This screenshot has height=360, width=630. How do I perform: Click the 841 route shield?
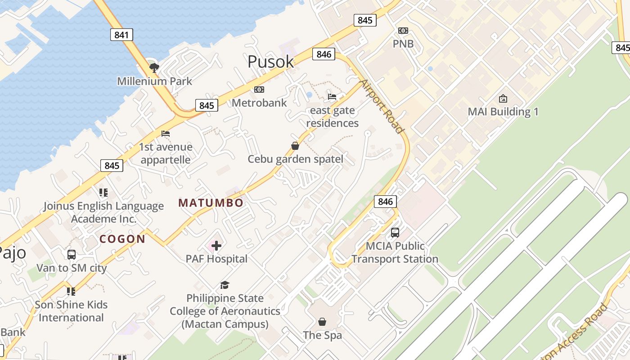(121, 35)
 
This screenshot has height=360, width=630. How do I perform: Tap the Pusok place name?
(270, 62)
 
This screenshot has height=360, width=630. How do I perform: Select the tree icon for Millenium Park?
(154, 68)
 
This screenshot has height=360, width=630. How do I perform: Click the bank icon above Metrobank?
(259, 90)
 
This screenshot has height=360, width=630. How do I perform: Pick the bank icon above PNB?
(403, 31)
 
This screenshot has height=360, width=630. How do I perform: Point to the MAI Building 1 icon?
(503, 99)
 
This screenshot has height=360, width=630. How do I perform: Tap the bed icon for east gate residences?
(332, 96)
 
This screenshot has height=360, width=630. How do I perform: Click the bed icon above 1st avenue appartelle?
(166, 134)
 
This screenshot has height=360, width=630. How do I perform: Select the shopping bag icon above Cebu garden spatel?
(295, 146)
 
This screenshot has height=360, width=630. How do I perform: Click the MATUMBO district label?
(211, 203)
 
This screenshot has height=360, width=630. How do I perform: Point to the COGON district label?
(122, 239)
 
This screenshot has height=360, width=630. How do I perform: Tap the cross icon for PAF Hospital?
(216, 246)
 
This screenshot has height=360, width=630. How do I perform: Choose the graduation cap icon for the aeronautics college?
(225, 285)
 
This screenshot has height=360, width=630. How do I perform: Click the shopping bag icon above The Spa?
(322, 322)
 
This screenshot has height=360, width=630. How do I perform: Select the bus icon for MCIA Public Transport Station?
(395, 233)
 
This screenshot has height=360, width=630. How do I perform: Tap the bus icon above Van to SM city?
(72, 255)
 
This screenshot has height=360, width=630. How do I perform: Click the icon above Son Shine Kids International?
(71, 292)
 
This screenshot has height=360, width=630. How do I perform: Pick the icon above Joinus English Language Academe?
(103, 193)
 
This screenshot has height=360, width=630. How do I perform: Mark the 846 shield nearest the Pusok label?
(324, 54)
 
